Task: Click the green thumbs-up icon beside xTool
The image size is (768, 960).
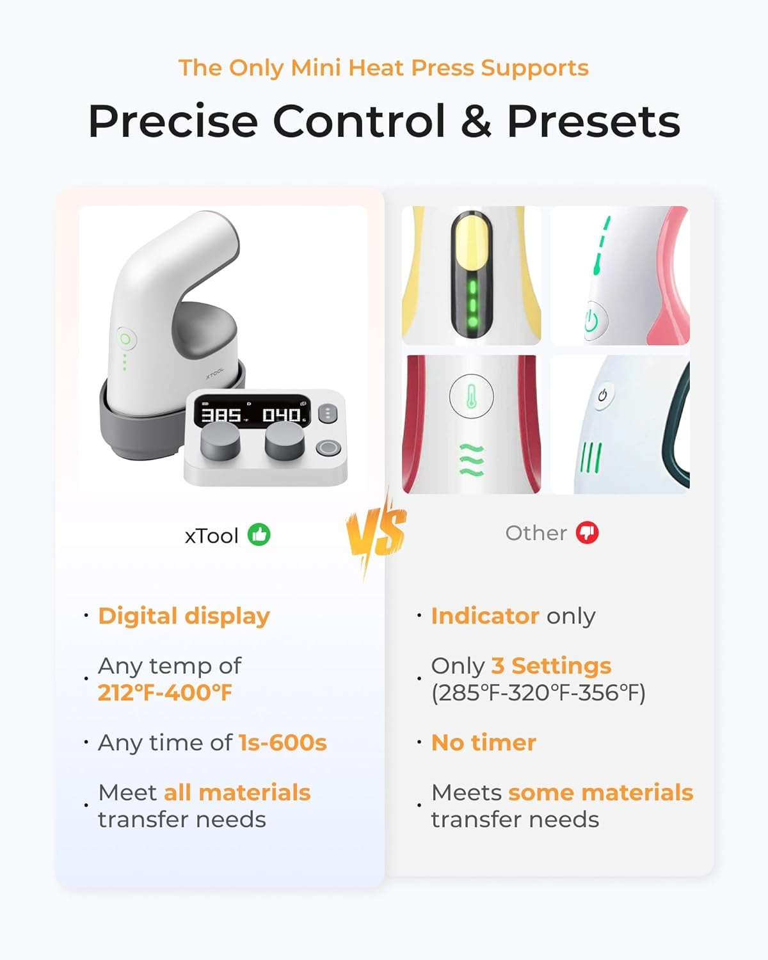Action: [x=259, y=534]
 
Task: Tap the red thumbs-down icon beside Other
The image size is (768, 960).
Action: [x=587, y=532]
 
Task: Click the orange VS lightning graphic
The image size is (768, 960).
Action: [x=376, y=531]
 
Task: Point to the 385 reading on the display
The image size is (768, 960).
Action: [x=221, y=415]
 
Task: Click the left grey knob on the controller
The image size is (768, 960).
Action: [x=220, y=442]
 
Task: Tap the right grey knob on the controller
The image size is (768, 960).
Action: [x=285, y=441]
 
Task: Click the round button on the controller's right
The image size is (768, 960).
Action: [x=328, y=448]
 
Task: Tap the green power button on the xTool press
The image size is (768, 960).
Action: [x=125, y=339]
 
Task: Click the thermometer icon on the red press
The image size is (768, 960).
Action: [x=472, y=396]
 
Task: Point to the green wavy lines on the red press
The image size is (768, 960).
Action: [x=472, y=460]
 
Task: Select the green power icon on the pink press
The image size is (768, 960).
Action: [x=591, y=321]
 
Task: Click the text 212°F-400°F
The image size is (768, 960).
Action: [x=165, y=692]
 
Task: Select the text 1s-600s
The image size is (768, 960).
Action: [x=283, y=742]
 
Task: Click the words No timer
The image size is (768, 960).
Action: [x=484, y=742]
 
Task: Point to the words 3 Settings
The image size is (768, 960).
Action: [x=551, y=666]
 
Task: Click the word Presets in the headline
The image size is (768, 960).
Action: [x=593, y=121]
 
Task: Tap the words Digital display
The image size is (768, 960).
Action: [x=184, y=616]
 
